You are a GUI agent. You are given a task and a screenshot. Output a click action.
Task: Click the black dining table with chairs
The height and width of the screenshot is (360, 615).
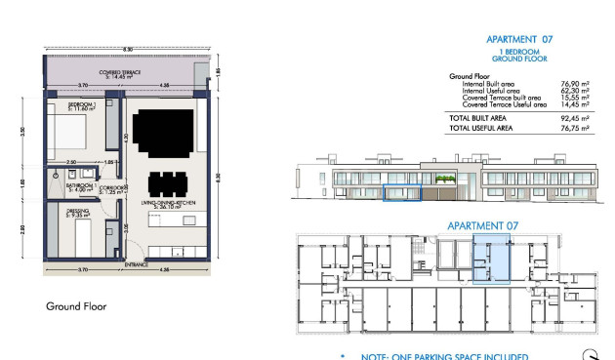(x=166, y=183)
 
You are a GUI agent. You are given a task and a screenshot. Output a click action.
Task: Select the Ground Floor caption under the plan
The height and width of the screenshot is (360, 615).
(x=76, y=306)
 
